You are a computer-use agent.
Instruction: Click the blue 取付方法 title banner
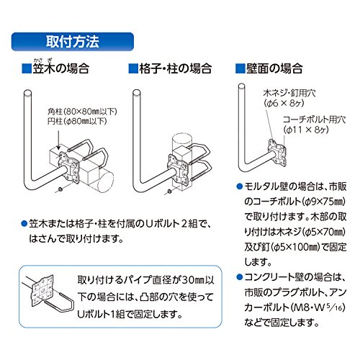(x=73, y=42)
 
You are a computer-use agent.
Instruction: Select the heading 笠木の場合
(x=61, y=68)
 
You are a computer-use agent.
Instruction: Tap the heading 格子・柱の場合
(x=176, y=68)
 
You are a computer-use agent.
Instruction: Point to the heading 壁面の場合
(x=274, y=68)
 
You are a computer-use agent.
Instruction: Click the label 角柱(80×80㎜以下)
(x=82, y=112)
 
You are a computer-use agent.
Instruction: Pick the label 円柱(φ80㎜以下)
(x=77, y=122)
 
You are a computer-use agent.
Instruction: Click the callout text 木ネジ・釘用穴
(x=289, y=93)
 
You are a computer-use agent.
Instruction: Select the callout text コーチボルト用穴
(x=314, y=120)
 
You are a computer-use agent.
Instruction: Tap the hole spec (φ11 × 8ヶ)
(x=306, y=130)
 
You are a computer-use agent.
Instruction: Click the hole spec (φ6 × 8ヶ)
(x=284, y=103)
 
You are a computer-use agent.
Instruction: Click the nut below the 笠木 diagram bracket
(x=60, y=189)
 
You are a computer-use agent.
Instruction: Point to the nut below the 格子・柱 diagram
(x=169, y=192)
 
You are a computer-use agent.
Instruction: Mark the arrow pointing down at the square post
(x=58, y=138)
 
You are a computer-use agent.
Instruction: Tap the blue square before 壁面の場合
(x=240, y=68)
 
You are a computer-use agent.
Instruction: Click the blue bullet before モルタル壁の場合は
(x=239, y=186)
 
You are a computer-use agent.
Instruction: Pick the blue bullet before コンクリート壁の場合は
(x=239, y=277)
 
